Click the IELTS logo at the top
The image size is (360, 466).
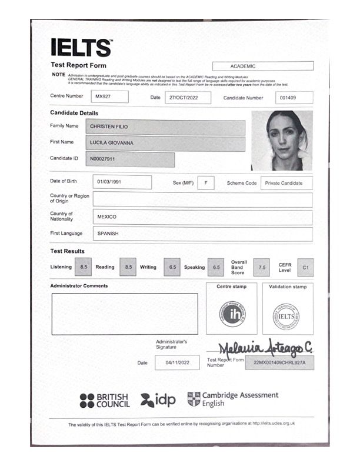(81, 47)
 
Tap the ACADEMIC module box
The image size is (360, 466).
(263, 66)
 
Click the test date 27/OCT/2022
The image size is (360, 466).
(187, 97)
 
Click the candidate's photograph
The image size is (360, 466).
(281, 141)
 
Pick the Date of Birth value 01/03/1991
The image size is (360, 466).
(122, 182)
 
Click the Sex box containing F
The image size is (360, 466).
(206, 183)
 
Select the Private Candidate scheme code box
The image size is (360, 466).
(286, 183)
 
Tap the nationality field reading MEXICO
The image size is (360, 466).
(202, 217)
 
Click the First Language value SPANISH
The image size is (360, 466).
(202, 234)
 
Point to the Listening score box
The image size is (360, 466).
(84, 267)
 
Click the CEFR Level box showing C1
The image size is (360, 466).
(305, 267)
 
